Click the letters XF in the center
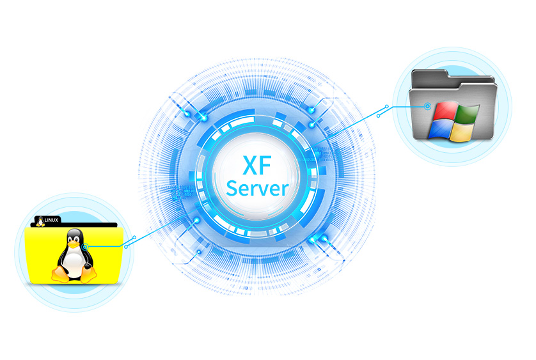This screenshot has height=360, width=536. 257,166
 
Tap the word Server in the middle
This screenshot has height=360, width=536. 257,189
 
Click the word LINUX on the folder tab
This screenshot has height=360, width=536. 51,220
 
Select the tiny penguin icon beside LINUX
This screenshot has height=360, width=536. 41,221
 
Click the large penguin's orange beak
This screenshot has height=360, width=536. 73,244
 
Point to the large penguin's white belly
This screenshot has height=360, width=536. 73,262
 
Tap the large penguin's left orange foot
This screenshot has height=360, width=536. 61,274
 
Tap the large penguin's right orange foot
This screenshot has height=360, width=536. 88,274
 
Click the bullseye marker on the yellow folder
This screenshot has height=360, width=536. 86,247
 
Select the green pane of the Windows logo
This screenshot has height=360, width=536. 468,114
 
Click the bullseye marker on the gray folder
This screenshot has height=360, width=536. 427,106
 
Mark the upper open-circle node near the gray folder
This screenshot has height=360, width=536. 387,107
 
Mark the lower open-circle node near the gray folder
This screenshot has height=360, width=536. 379,116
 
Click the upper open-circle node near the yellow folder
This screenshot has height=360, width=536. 135,237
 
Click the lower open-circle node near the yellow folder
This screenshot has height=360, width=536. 126,247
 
